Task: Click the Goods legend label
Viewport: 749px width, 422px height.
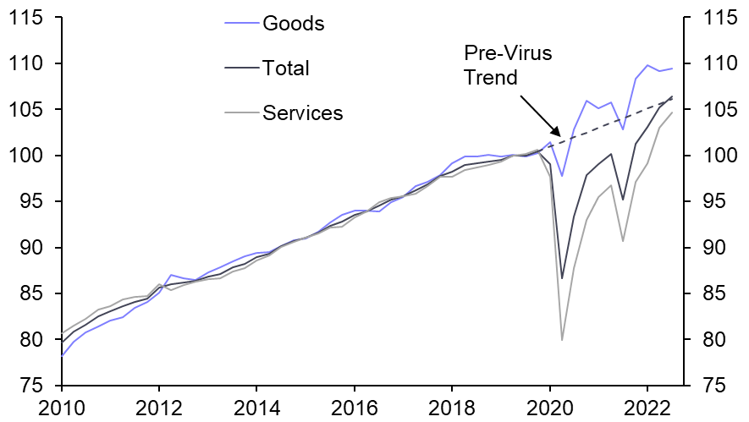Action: (293, 23)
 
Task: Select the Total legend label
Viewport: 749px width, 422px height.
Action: (286, 68)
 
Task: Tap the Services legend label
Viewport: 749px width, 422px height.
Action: (303, 112)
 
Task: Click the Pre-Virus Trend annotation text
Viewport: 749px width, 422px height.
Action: (507, 65)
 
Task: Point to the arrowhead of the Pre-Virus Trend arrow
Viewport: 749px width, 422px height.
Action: (559, 135)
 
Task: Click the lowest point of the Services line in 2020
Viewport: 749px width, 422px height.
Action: (562, 340)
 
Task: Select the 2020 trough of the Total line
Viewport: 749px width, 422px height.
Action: (562, 278)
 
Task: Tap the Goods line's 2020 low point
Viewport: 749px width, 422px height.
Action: (562, 176)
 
